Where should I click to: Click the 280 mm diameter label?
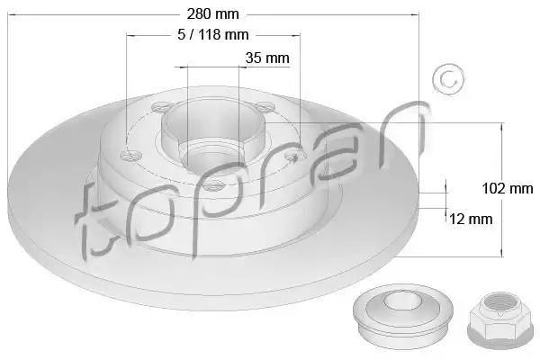tap(212, 14)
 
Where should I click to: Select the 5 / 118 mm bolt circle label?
tap(213, 34)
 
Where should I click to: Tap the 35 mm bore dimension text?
tap(267, 58)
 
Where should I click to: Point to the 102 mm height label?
tap(508, 188)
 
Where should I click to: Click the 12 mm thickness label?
tap(471, 219)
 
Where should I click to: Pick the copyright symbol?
tap(449, 79)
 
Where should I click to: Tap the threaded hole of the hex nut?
tap(499, 303)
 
